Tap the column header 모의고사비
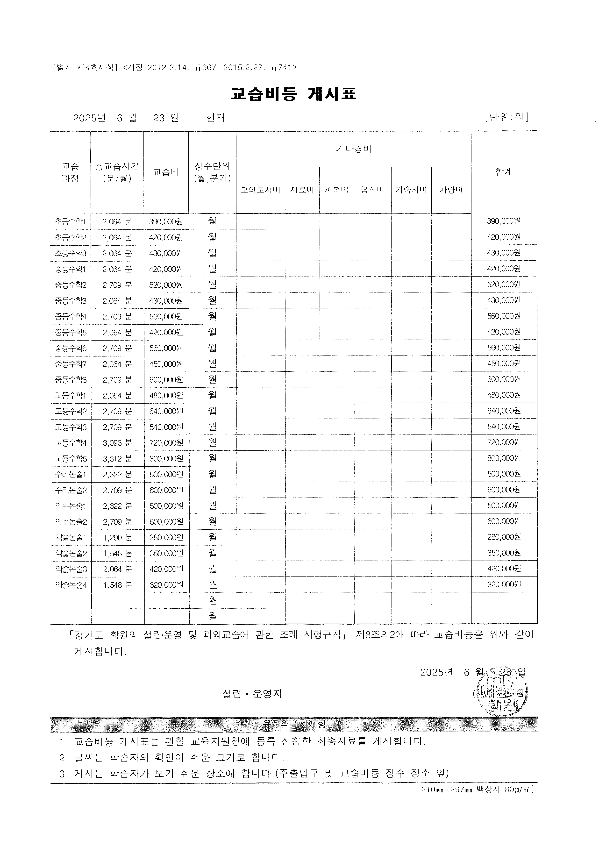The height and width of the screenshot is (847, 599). point(260,190)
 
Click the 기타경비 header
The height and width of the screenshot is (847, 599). point(353,149)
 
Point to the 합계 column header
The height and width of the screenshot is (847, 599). point(504,172)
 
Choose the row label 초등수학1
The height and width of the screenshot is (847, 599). point(70,222)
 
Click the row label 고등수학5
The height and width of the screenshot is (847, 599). point(71,459)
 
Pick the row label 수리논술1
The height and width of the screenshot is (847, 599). point(71,474)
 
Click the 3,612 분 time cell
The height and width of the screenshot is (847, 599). point(117,459)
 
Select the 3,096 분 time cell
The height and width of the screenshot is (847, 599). point(117,443)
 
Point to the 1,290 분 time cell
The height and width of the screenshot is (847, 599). point(117,537)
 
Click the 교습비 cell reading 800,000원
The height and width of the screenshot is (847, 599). point(166,459)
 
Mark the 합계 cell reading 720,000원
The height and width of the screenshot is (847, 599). point(504,442)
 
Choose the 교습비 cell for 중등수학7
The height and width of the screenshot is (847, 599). point(166,364)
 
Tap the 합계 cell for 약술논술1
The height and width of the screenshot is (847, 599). point(504,537)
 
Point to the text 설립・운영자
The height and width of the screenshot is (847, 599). point(252,694)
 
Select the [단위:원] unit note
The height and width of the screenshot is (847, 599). point(507,117)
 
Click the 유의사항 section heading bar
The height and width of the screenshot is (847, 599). point(294,724)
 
